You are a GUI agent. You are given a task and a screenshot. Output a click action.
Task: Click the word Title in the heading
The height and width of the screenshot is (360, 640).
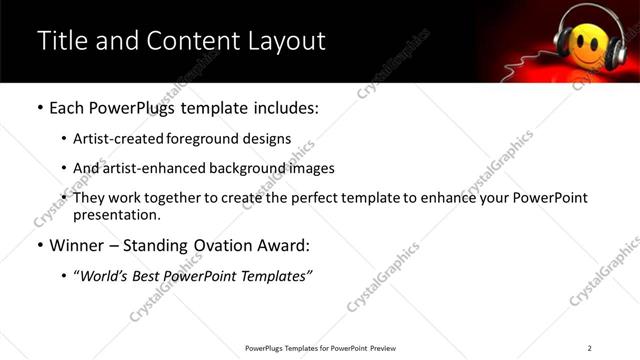point(63,41)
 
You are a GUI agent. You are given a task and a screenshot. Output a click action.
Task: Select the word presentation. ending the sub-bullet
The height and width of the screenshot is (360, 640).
point(115,215)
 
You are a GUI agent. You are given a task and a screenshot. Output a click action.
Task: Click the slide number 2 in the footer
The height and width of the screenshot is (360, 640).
point(589,348)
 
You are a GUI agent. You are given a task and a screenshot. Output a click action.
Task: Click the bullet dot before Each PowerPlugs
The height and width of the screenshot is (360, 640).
point(40,108)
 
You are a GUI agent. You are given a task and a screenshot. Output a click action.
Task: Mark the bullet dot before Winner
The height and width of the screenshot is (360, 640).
point(40,245)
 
